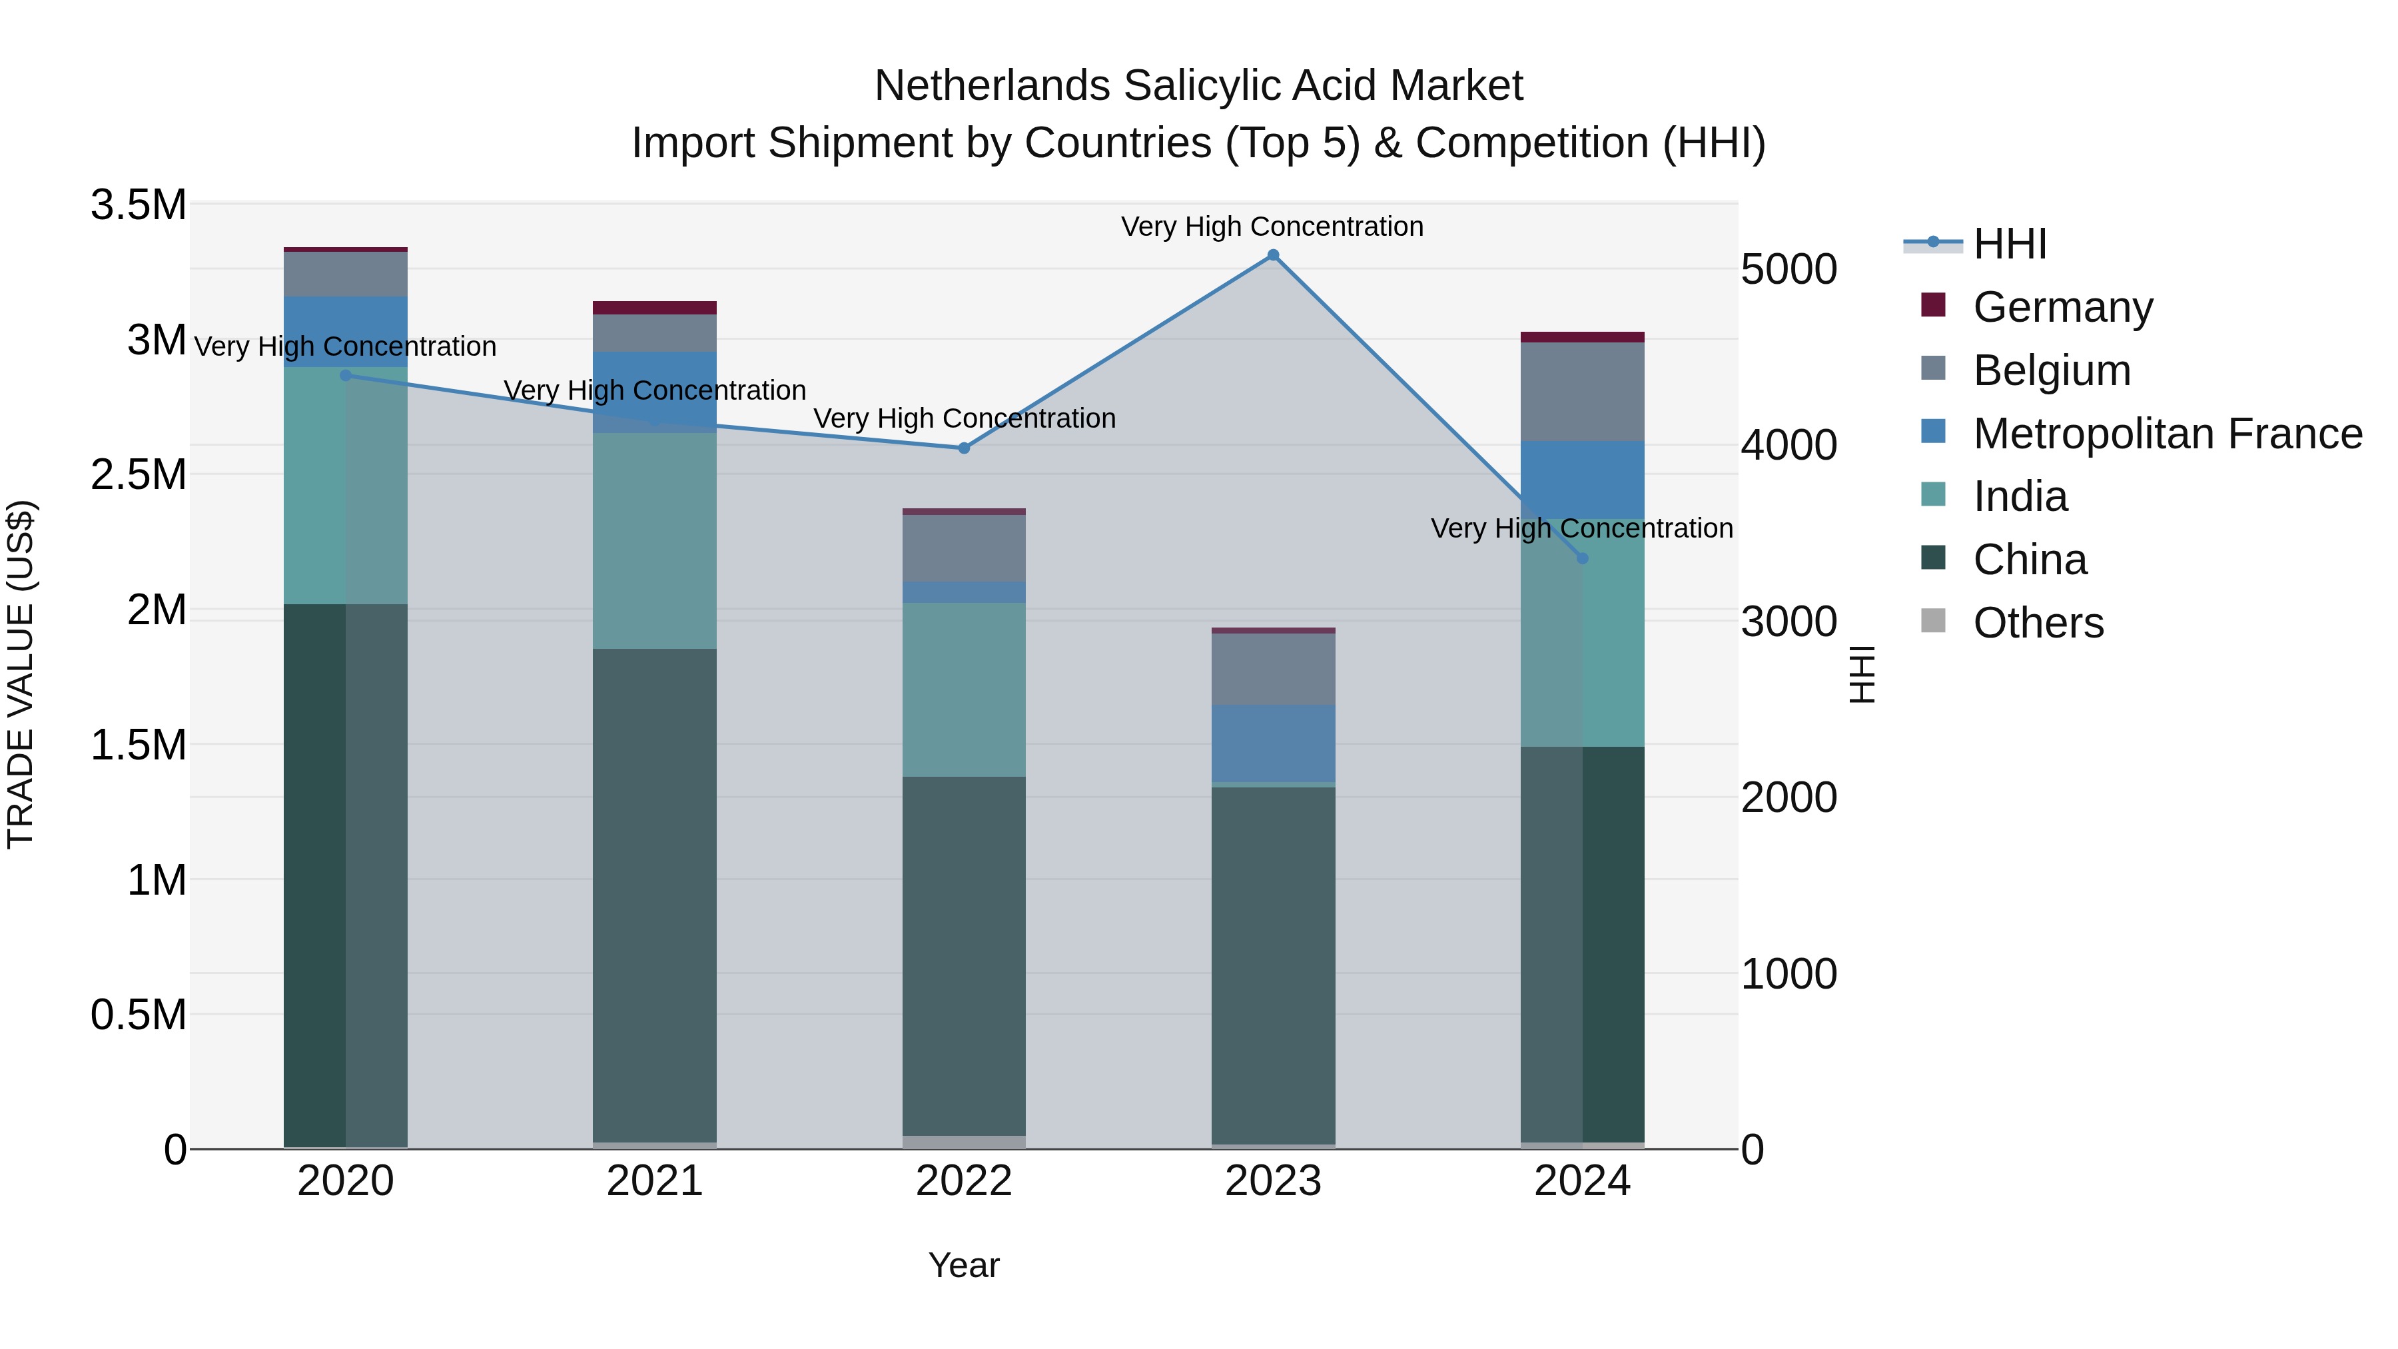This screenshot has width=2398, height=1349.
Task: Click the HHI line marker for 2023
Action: pyautogui.click(x=1272, y=255)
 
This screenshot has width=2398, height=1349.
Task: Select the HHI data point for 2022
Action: pyautogui.click(x=963, y=448)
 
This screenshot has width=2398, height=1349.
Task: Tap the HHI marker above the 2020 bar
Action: pyautogui.click(x=345, y=375)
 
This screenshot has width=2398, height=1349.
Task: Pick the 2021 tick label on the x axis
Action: pyautogui.click(x=654, y=1181)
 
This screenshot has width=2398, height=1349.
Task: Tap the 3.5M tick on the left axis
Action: pyautogui.click(x=138, y=205)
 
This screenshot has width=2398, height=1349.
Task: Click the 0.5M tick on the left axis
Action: pyautogui.click(x=138, y=1015)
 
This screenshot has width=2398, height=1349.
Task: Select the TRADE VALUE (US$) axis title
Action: pyautogui.click(x=21, y=674)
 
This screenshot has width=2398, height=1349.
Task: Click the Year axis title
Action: pyautogui.click(x=963, y=1265)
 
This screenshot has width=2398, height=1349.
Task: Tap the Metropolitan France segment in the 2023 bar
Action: pyautogui.click(x=1272, y=743)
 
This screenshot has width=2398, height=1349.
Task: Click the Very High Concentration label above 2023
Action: pyautogui.click(x=1272, y=226)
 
